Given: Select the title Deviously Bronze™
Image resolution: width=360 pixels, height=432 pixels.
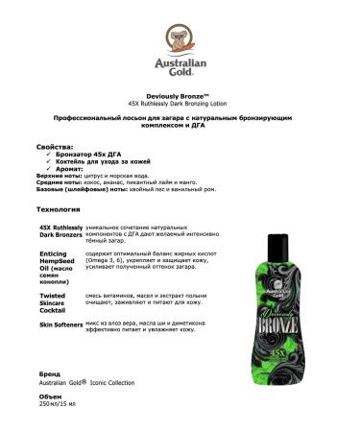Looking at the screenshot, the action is click(x=180, y=94).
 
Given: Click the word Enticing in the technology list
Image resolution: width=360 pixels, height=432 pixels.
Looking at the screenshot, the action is click(x=53, y=252).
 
